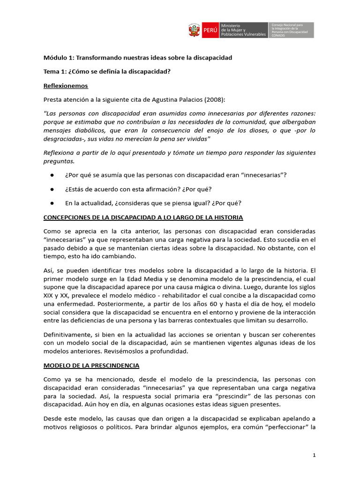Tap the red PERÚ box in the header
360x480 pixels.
tap(211, 30)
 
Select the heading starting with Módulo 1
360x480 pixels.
tap(138, 57)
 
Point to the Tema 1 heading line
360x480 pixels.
tap(107, 71)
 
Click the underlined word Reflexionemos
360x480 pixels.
tap(66, 86)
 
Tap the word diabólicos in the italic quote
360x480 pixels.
tap(92, 130)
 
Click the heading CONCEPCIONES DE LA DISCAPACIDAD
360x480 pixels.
tap(143, 217)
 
